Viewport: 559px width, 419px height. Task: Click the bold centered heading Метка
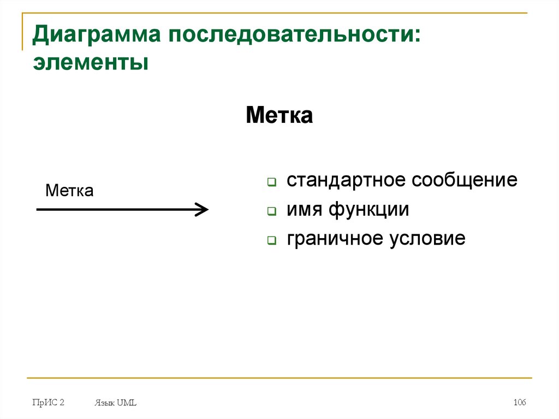pos(279,116)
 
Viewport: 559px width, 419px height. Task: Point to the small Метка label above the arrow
pos(69,191)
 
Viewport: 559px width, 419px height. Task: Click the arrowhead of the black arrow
pos(203,209)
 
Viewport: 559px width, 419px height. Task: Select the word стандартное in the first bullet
pos(346,180)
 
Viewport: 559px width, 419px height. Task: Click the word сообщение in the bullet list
pos(465,180)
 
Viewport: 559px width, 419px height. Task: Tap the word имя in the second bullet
pos(305,209)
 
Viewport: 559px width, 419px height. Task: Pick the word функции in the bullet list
pos(369,209)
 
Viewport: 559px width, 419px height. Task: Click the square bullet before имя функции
pos(271,211)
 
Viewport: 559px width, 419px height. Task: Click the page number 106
pos(519,403)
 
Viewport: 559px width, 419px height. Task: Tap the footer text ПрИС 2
pos(48,403)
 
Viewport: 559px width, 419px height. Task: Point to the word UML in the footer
pos(127,403)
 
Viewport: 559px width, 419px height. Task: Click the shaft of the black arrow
pos(115,209)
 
